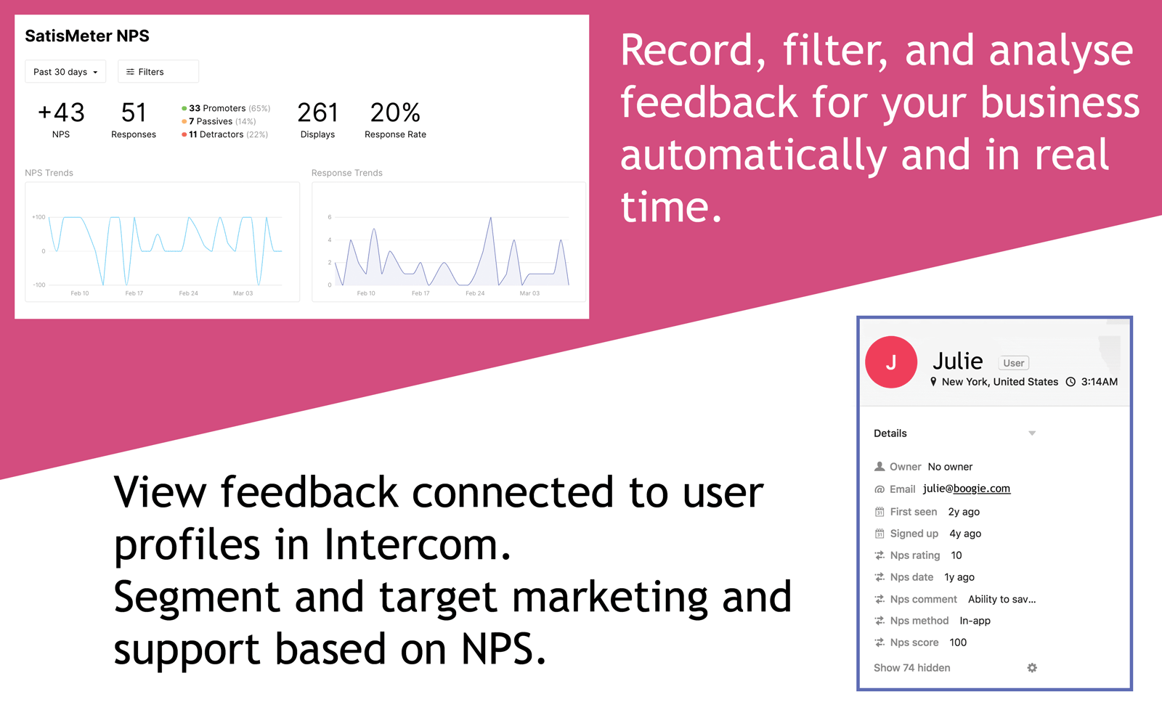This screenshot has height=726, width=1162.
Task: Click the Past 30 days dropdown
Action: pos(65,72)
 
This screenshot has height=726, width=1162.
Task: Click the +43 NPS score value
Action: pos(61,113)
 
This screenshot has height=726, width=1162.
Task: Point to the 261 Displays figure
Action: pos(317,113)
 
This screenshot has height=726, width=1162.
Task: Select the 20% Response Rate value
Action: pos(395,113)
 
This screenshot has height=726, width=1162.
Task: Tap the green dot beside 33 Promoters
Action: pos(184,109)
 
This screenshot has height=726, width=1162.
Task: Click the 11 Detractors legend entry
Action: pos(224,134)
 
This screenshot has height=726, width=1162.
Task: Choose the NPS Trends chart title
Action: pos(49,173)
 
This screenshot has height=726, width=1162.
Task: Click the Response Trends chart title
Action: pos(346,173)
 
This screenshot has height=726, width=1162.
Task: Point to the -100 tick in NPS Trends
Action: pos(38,285)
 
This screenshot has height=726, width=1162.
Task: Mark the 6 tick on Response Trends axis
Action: pos(330,217)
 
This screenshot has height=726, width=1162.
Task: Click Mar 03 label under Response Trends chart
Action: pos(529,293)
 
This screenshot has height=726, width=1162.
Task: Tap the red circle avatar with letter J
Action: pos(891,362)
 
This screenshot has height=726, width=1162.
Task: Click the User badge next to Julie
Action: pos(1013,363)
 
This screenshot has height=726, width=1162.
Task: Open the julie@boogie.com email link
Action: pos(966,489)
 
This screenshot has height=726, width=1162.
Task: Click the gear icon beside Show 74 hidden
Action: pos(1032,668)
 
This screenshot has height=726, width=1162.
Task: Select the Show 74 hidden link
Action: pos(911,668)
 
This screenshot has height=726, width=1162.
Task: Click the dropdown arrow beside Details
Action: pos(1032,433)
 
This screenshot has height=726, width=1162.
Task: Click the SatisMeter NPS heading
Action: pos(87,36)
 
